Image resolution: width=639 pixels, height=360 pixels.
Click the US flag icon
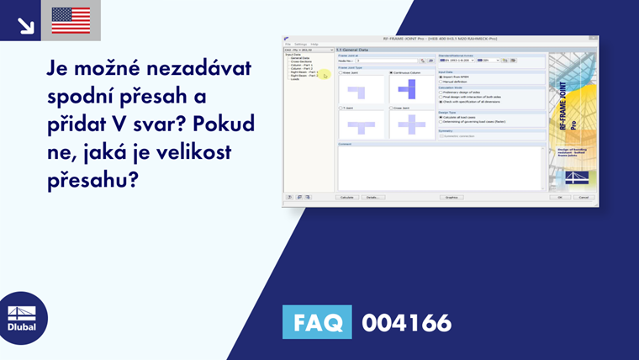[71, 19]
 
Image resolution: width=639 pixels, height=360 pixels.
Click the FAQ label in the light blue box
[317, 322]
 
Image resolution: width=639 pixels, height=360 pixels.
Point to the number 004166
[406, 322]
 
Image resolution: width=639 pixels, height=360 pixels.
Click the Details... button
[370, 197]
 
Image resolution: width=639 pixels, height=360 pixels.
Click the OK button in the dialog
[558, 197]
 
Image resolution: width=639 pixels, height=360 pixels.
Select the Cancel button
[583, 197]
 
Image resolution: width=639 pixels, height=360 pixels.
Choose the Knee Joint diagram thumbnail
[362, 89]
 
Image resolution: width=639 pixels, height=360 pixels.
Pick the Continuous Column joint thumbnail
[411, 89]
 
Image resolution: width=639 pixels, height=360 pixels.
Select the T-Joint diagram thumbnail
[362, 124]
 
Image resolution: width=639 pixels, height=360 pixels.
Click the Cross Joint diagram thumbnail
[411, 124]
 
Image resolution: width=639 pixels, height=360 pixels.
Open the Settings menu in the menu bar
[300, 44]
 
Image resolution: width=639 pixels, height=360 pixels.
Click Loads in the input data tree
[295, 79]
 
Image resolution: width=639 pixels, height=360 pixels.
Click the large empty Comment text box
[440, 168]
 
